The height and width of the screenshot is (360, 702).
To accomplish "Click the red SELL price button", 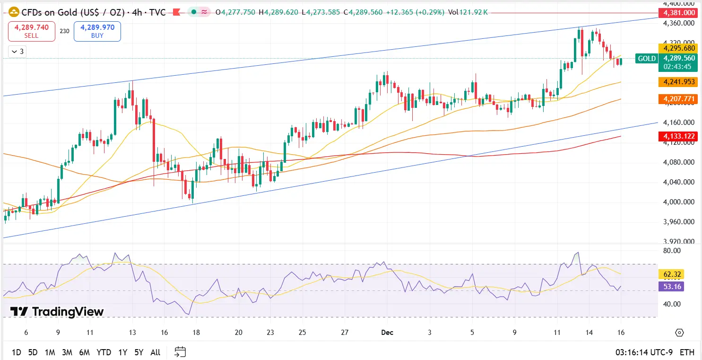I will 32,31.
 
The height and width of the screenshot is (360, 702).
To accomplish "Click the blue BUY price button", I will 97,31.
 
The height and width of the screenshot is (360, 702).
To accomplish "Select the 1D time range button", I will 16,352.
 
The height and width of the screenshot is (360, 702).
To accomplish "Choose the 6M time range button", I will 85,352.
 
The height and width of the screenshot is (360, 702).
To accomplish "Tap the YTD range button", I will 104,352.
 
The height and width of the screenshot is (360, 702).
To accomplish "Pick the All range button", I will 155,352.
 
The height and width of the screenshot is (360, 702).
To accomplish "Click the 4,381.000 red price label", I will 679,13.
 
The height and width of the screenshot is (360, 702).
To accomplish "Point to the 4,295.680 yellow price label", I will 679,48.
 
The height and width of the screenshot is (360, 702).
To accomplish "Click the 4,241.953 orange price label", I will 679,82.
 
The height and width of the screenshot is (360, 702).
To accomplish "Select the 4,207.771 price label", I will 679,99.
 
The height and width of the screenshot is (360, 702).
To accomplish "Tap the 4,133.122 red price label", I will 679,136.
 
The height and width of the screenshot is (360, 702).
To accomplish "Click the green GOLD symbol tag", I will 647,59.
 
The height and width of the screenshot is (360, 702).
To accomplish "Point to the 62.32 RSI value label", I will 671,274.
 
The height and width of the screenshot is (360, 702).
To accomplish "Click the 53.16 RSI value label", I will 671,286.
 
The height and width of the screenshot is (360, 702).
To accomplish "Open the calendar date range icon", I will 180,352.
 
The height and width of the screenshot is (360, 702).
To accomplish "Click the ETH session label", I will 687,352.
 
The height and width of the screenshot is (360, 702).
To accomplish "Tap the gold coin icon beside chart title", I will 14,12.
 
